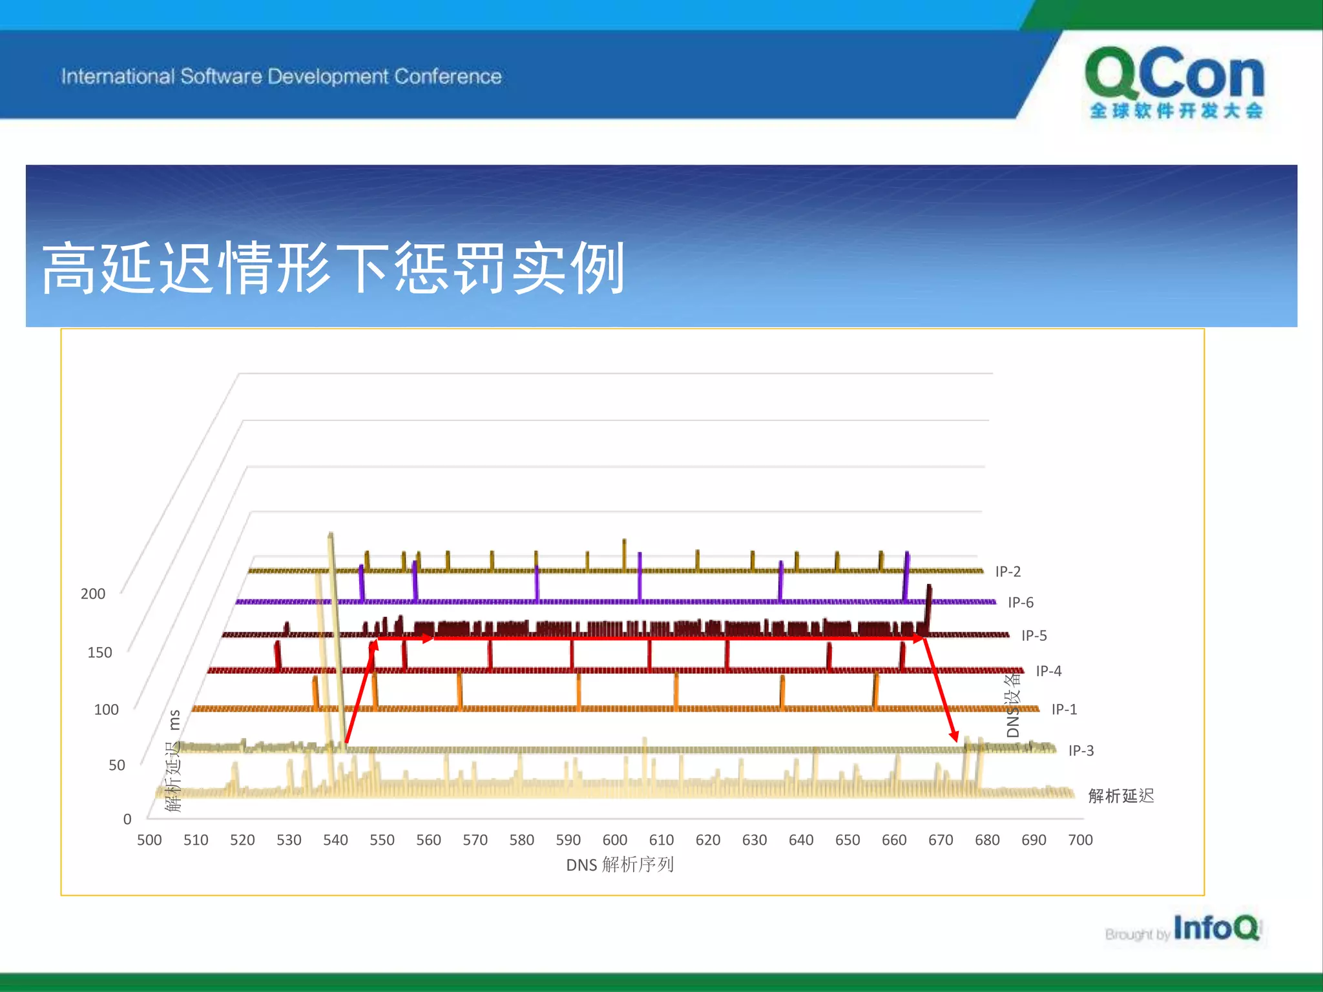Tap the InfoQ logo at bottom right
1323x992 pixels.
click(1215, 928)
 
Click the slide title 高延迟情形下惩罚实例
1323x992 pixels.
click(333, 268)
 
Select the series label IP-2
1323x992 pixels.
click(1008, 572)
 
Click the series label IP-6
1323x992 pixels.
click(1021, 603)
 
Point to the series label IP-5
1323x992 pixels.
click(1034, 635)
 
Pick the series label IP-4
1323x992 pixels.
click(1048, 671)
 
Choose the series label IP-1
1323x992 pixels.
click(1064, 709)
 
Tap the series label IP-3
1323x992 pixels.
click(1081, 750)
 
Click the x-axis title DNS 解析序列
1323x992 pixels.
click(620, 865)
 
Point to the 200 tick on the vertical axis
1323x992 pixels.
click(93, 594)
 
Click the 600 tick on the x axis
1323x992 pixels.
click(614, 840)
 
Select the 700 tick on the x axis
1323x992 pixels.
click(1080, 840)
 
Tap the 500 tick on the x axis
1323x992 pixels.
click(149, 840)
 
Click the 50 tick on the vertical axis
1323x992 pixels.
click(117, 765)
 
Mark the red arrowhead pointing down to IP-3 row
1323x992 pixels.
click(954, 736)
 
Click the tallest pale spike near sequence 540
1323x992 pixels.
click(331, 539)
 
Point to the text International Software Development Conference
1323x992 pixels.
click(281, 76)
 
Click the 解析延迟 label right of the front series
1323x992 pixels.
click(1121, 796)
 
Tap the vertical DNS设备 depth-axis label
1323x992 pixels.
click(1013, 705)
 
